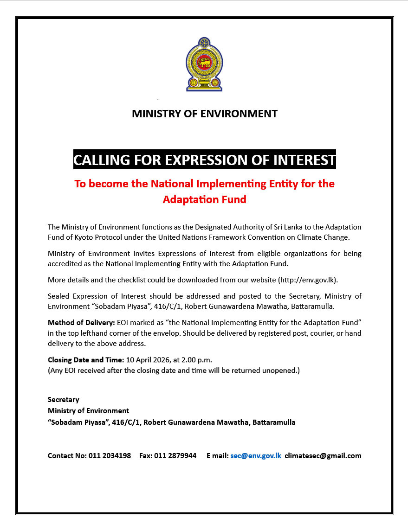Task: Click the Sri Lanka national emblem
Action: click(x=204, y=64)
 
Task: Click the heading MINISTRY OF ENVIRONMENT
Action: click(x=204, y=114)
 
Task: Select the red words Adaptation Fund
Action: click(x=204, y=199)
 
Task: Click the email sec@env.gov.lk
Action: click(x=256, y=456)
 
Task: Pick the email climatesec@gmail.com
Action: click(x=323, y=456)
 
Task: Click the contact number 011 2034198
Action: click(x=110, y=456)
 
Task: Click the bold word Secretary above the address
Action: click(x=64, y=400)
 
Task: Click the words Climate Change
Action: click(x=324, y=238)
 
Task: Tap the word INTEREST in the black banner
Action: click(x=304, y=160)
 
